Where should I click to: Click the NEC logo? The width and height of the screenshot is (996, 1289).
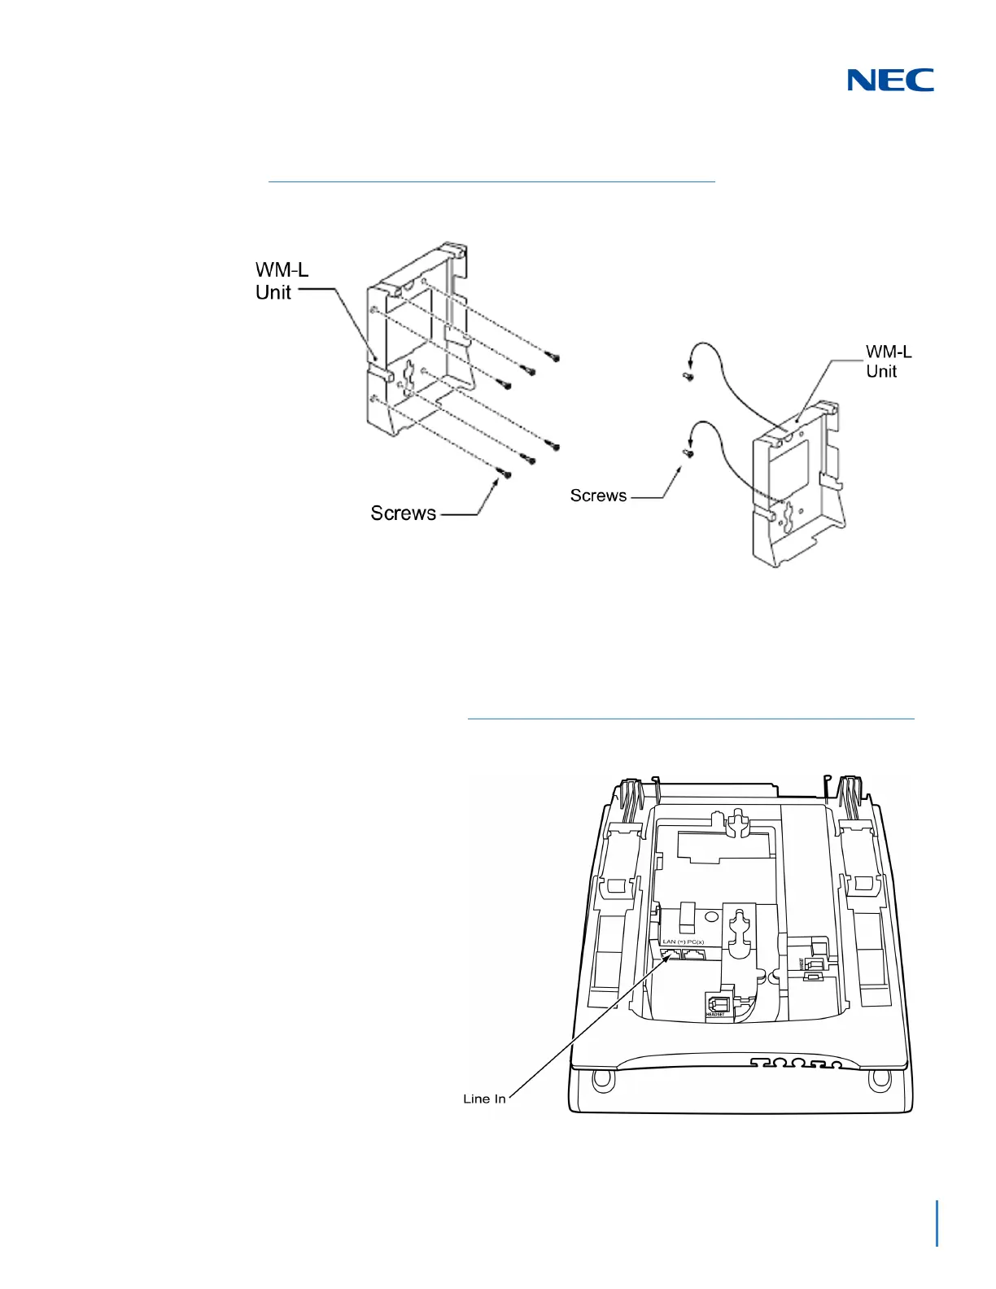point(890,80)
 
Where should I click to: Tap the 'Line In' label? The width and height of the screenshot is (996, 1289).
point(484,1099)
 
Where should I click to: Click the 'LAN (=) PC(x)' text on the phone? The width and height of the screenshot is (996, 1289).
point(682,942)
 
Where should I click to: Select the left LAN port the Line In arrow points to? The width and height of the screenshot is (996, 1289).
point(671,955)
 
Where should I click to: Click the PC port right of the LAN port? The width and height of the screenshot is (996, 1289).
point(695,955)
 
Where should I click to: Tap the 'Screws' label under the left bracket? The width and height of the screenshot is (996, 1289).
point(404,513)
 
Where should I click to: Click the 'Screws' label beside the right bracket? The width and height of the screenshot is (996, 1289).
point(598,496)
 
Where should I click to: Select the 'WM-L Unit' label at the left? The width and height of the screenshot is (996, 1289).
point(282,281)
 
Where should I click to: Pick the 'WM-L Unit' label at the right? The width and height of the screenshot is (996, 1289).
point(888,361)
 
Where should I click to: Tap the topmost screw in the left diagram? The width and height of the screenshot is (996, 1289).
point(555,356)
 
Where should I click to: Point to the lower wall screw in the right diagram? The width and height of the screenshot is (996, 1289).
point(688,454)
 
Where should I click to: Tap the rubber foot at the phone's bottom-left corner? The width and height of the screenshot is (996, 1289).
point(602,1080)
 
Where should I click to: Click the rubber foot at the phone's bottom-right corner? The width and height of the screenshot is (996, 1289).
point(879,1080)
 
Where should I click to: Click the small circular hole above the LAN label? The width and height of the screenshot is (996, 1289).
point(713,916)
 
